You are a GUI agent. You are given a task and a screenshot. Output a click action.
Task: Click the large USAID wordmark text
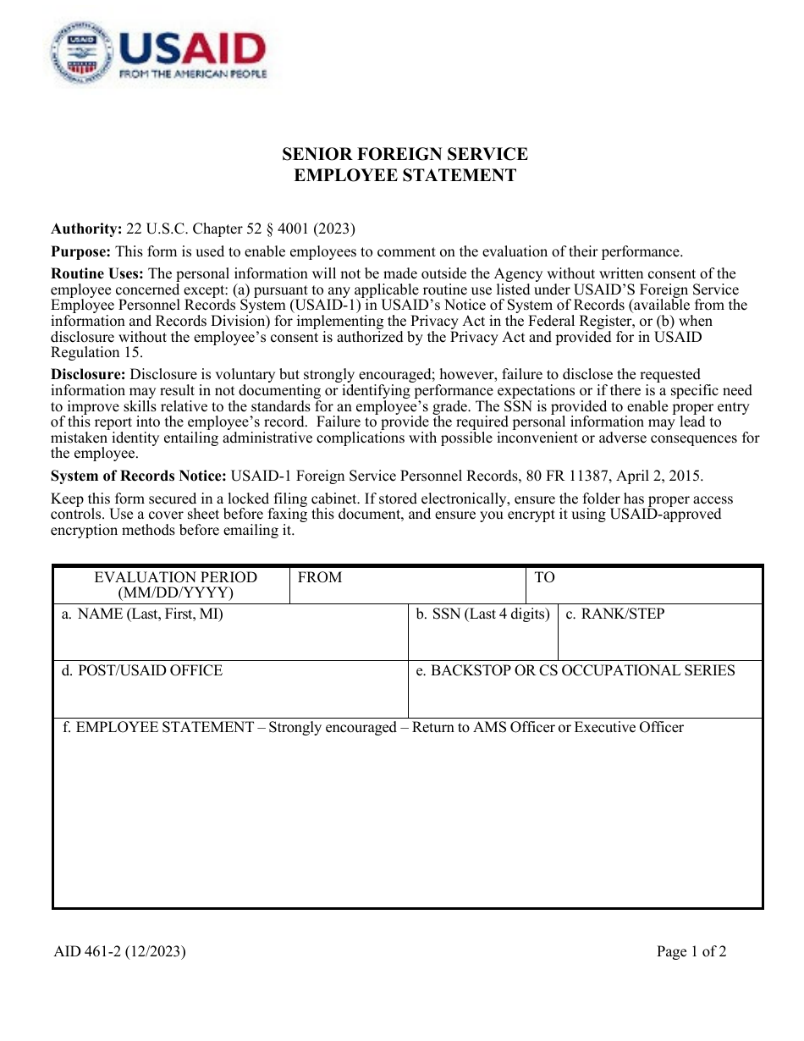[192, 48]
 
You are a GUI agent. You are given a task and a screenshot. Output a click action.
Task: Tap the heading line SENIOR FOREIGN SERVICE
[405, 154]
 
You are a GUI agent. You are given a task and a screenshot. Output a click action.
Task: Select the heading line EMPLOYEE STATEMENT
[405, 176]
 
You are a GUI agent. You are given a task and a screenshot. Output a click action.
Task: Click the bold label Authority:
[86, 229]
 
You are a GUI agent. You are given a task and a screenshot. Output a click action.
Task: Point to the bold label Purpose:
[81, 251]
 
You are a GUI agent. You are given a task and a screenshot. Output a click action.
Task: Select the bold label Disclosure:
[88, 374]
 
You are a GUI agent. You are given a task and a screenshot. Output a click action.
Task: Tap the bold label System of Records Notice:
[138, 476]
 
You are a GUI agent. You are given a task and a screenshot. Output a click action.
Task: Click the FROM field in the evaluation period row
[407, 585]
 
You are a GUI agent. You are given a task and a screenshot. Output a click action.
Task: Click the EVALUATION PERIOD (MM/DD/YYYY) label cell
[175, 585]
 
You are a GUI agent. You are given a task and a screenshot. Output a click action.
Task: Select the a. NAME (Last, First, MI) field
[230, 632]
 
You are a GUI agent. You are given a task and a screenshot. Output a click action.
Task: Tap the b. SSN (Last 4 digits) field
[482, 632]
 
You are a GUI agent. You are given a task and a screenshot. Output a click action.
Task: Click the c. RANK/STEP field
[659, 632]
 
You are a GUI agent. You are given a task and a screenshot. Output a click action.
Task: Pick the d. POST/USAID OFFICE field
[230, 690]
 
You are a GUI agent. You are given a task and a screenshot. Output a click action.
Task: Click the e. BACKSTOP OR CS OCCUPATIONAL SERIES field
[585, 690]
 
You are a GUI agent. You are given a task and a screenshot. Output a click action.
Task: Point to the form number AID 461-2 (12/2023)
[119, 951]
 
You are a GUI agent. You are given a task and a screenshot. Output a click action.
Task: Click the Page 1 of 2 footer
[691, 951]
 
